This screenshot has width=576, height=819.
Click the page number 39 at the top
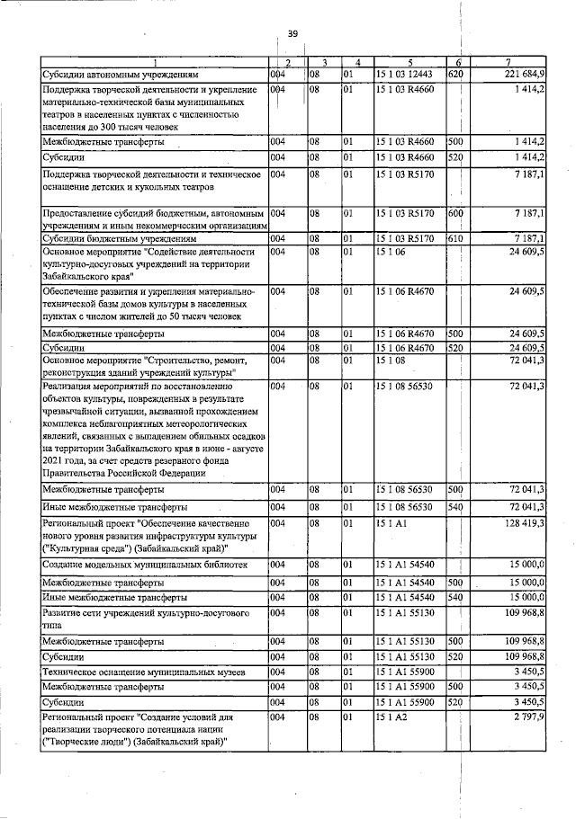pyautogui.click(x=292, y=33)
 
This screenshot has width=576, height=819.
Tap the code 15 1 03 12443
pyautogui.click(x=406, y=74)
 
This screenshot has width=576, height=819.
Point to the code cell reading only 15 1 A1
pyautogui.click(x=391, y=522)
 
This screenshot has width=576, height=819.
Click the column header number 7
pyautogui.click(x=509, y=61)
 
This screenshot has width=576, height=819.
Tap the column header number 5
pyautogui.click(x=408, y=61)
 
